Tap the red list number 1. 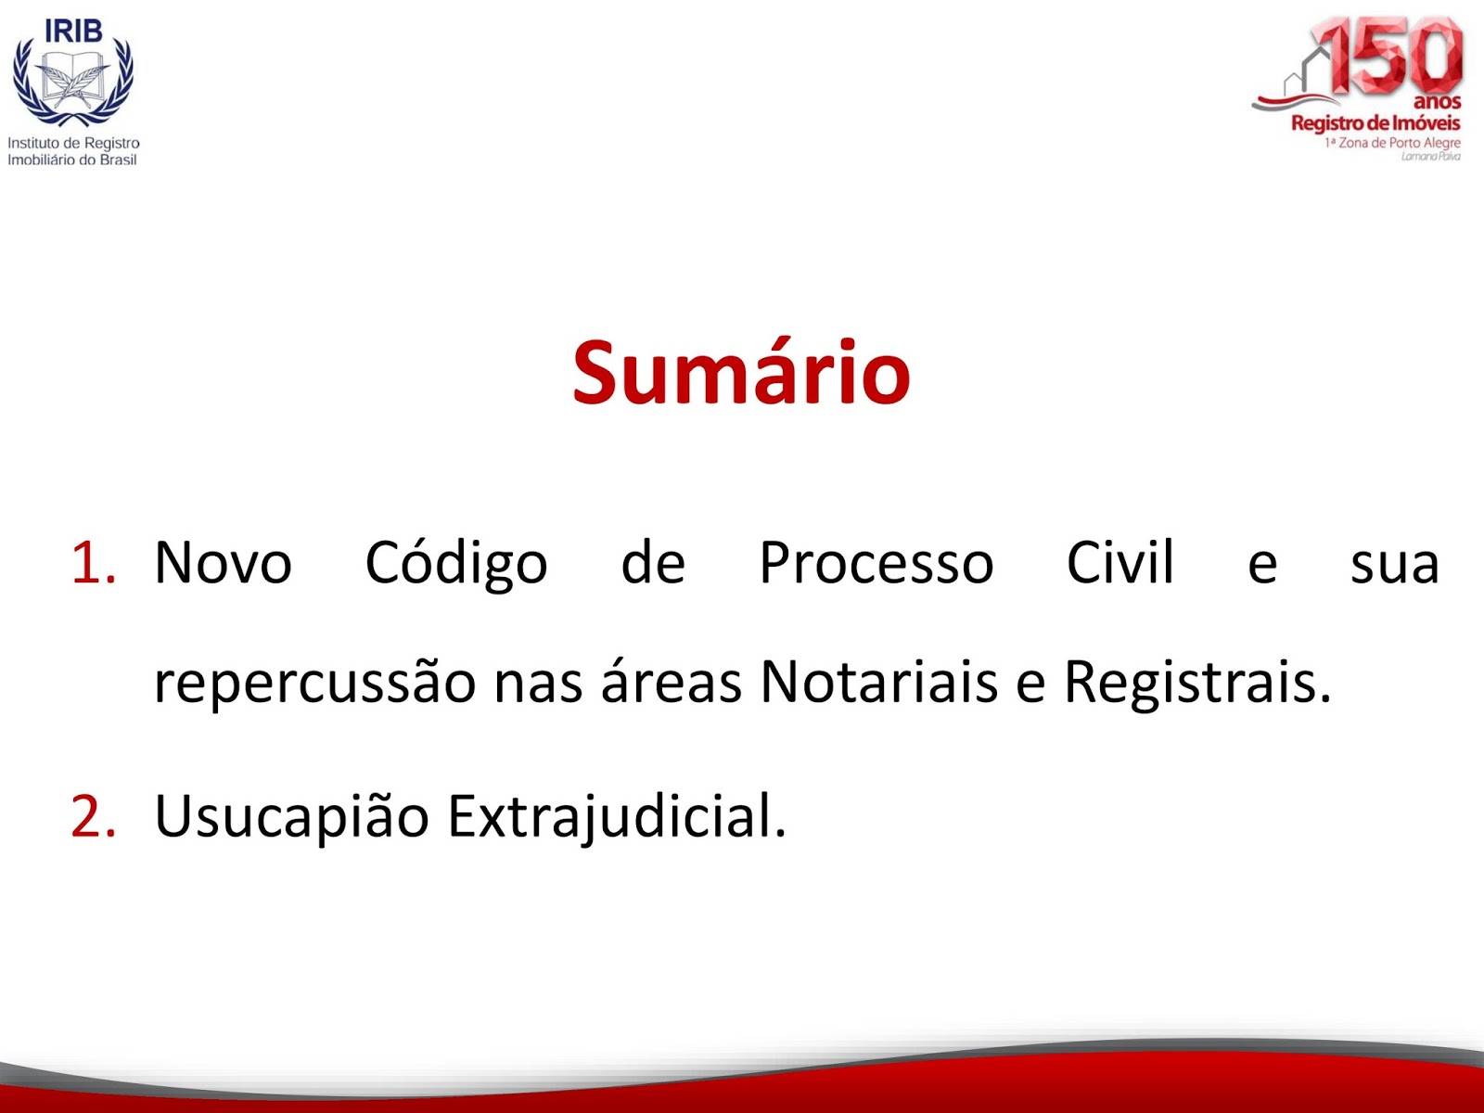pos(94,561)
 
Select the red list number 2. pos(94,815)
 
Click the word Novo pos(223,561)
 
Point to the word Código pos(455,563)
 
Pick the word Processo pos(876,561)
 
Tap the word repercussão pos(314,684)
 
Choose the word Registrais pos(1197,684)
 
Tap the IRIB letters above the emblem pos(73,30)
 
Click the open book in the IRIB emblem pos(73,80)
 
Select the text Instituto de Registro pos(73,143)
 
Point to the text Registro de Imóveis pos(1375,123)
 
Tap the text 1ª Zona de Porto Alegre pos(1392,143)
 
